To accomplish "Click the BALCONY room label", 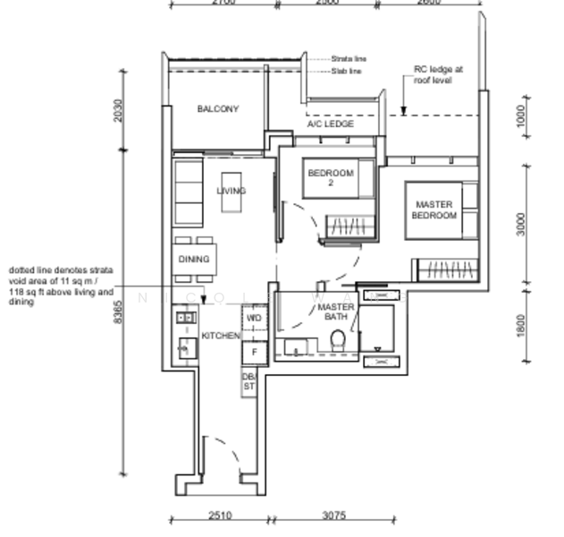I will click(217, 109).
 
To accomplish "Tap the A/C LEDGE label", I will click(331, 124).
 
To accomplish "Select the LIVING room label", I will click(231, 191).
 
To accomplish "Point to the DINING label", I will click(193, 260).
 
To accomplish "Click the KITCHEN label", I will click(220, 336).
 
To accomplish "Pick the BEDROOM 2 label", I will click(331, 177).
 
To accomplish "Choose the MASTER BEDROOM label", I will click(433, 209).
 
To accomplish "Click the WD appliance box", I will click(254, 318).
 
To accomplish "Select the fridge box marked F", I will click(254, 353).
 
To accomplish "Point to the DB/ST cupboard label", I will click(248, 382).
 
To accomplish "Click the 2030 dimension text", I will click(119, 111).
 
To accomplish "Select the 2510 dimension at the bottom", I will click(219, 516).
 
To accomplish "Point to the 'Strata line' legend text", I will click(348, 58).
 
